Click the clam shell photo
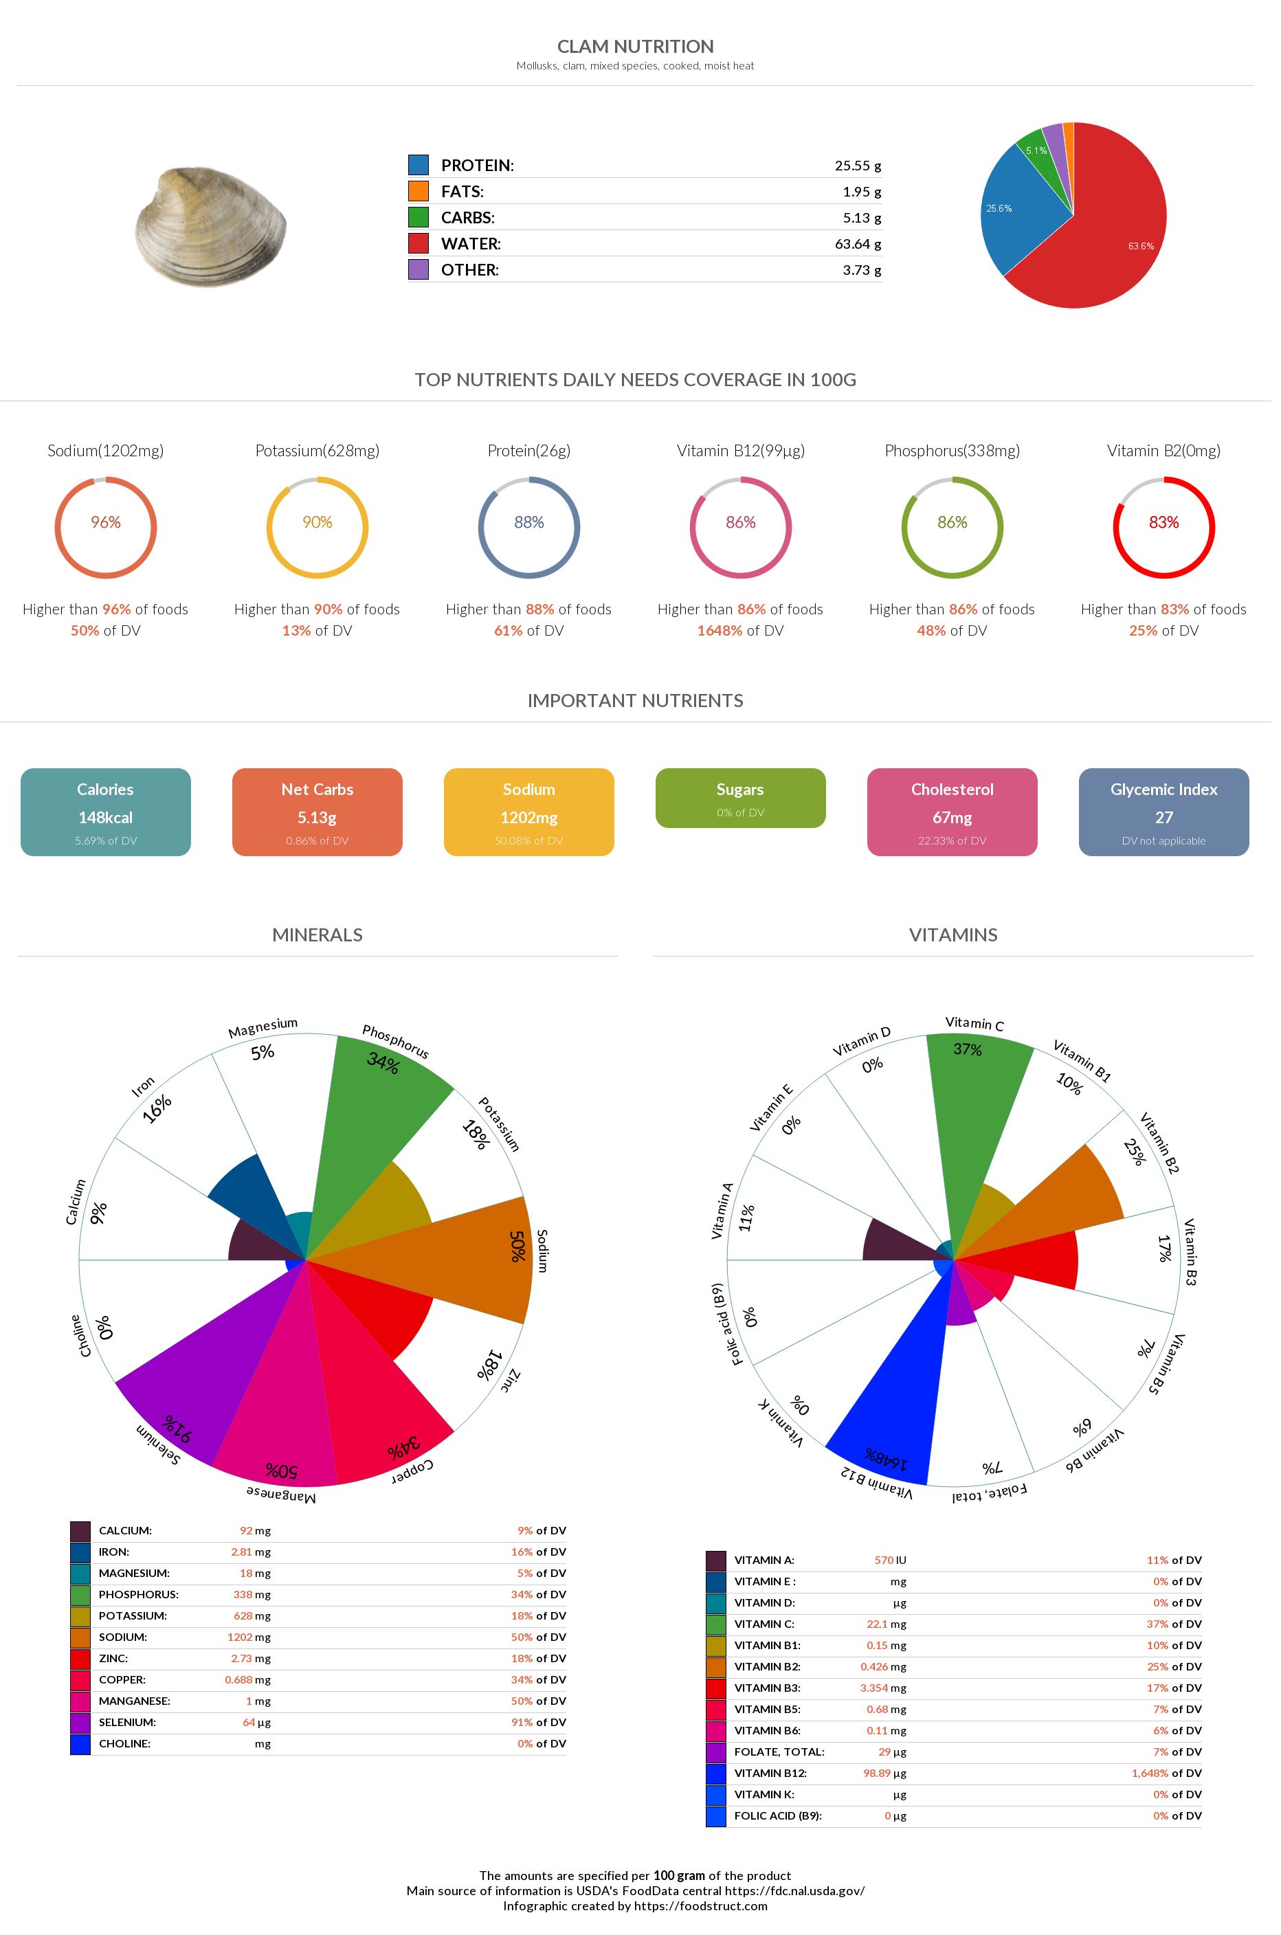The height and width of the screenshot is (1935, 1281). [211, 226]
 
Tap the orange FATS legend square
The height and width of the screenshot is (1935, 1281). [419, 191]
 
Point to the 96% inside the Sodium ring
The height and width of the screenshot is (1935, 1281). [105, 523]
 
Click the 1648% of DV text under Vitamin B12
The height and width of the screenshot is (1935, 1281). [739, 631]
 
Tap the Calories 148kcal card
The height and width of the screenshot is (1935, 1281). [105, 812]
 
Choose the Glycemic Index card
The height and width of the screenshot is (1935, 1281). [1163, 812]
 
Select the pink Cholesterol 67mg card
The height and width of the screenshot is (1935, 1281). [952, 812]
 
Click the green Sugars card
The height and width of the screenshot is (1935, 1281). [740, 798]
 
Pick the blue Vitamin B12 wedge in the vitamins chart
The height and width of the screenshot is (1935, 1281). [891, 1405]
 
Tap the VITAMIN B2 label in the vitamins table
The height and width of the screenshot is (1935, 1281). [767, 1667]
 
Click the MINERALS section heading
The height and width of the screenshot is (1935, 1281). [317, 935]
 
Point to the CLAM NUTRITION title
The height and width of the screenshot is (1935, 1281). [635, 47]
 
